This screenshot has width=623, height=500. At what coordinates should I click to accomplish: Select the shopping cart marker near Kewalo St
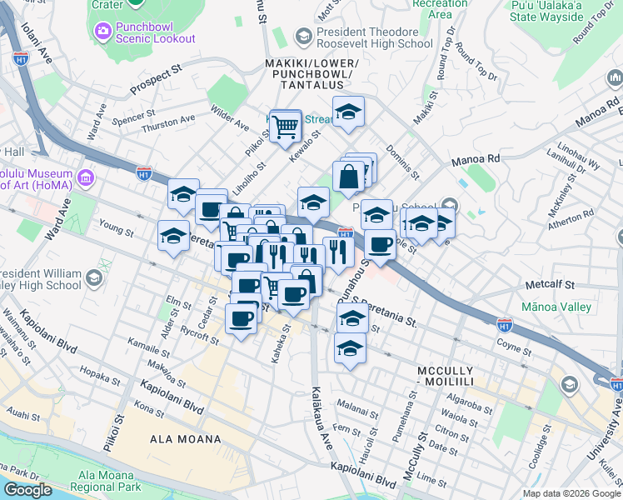point(286,127)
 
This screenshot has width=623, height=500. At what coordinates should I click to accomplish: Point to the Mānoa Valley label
point(556,307)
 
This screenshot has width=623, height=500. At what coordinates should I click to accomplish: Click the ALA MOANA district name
point(186,439)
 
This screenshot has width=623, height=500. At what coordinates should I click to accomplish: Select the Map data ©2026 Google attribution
point(571,493)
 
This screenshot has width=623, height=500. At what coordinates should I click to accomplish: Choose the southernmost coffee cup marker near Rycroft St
point(242,318)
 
